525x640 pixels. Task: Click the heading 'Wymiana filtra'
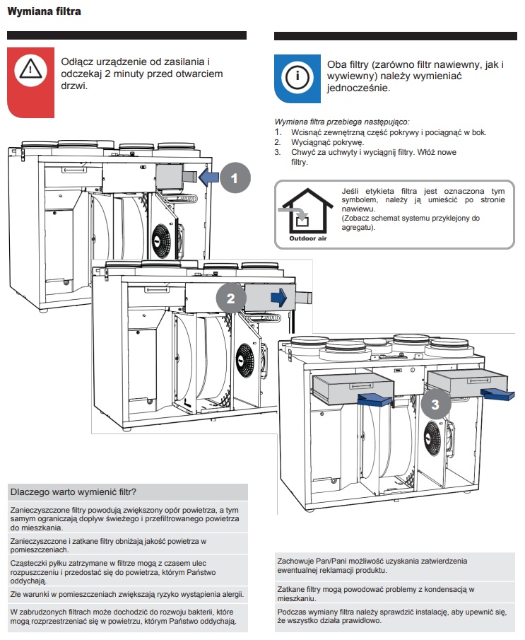(x=44, y=12)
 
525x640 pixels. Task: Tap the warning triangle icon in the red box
(x=30, y=69)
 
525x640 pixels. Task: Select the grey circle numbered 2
(x=230, y=298)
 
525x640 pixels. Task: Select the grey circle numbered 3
(x=436, y=405)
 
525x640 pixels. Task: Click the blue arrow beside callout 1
(x=208, y=177)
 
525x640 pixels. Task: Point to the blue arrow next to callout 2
(x=281, y=298)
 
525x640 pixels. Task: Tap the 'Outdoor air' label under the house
(x=308, y=240)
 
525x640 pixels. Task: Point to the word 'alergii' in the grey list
(x=228, y=593)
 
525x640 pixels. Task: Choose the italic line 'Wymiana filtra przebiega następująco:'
(x=341, y=122)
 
